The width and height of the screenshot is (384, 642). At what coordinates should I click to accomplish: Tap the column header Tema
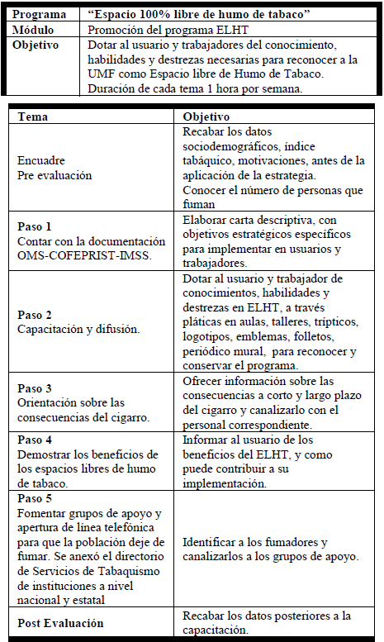tap(32, 118)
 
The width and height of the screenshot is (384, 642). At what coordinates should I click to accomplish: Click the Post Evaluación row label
tap(61, 623)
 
